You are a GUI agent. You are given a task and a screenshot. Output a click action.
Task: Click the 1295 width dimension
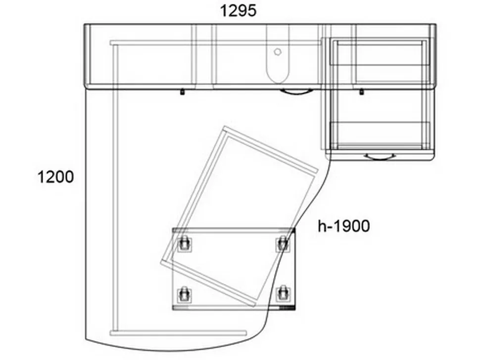coord(238,11)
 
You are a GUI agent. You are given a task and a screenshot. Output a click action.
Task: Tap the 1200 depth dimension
coord(55,177)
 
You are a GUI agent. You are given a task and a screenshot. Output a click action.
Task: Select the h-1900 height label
coord(344,226)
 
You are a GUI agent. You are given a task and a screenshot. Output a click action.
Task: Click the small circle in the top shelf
coord(278,52)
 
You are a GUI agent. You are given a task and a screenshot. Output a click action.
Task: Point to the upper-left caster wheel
coord(184,244)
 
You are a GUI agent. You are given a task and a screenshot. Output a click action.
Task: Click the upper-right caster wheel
coord(282,244)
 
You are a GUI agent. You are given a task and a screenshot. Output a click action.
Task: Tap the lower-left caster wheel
coord(184,294)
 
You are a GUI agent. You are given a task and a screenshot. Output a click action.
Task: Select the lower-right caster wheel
coord(282,294)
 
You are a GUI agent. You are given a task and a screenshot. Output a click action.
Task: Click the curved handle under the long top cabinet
coord(296,92)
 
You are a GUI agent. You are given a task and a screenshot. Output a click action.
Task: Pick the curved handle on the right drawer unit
coord(380,158)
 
